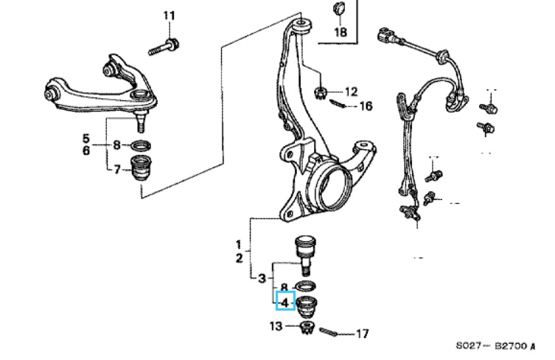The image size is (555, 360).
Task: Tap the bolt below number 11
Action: pyautogui.click(x=165, y=49)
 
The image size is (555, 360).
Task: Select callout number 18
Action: pyautogui.click(x=340, y=32)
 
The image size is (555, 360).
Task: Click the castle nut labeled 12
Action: pyautogui.click(x=321, y=93)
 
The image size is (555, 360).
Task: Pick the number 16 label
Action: pyautogui.click(x=366, y=106)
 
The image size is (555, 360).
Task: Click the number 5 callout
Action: pyautogui.click(x=85, y=138)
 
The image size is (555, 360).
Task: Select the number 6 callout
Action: pyautogui.click(x=85, y=150)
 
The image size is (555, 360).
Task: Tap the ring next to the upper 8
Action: pyautogui.click(x=141, y=145)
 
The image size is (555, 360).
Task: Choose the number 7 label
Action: pyautogui.click(x=117, y=171)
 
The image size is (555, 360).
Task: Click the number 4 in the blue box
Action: pyautogui.click(x=285, y=301)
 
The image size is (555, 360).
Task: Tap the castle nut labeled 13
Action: pyautogui.click(x=308, y=328)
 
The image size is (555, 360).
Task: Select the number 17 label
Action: pyautogui.click(x=362, y=334)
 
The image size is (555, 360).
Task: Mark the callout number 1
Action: pyautogui.click(x=239, y=244)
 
